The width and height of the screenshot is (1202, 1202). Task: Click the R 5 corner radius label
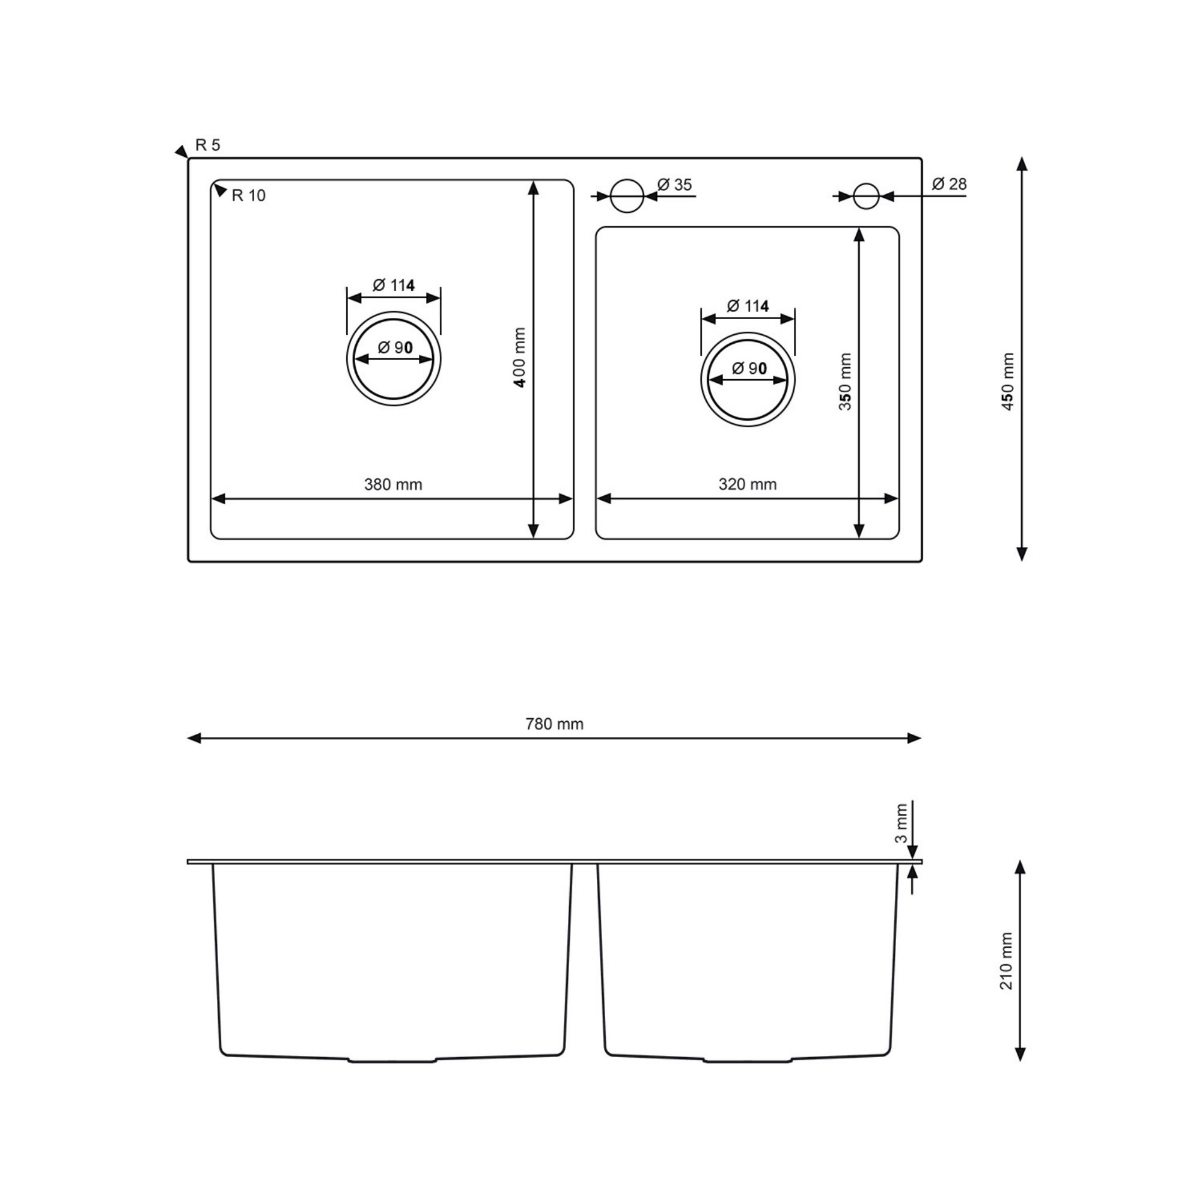coord(208,145)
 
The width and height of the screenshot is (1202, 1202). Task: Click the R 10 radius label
coord(248,196)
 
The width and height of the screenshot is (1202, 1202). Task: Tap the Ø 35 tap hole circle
coord(626,196)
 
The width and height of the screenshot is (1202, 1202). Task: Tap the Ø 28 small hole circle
coord(865,196)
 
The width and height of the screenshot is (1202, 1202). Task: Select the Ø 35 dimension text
coord(674,185)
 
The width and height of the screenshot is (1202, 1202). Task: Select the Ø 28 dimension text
coord(949,184)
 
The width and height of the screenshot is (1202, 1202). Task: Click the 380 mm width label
coord(393,484)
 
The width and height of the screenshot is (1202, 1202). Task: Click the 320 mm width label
coord(747,484)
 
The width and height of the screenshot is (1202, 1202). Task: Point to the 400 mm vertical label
coord(520,358)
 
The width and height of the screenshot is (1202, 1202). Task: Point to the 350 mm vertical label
coord(845,382)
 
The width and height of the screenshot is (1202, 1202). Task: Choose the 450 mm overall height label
coord(1008,382)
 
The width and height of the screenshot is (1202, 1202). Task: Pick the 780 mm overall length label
coord(554,724)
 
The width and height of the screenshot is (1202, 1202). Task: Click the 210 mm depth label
coord(1007,961)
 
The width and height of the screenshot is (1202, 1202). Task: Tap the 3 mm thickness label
coord(900,823)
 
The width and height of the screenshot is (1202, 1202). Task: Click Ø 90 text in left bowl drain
coord(395,348)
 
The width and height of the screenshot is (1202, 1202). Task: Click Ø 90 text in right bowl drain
coord(749,368)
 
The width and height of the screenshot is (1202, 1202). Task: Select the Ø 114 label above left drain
coord(393,285)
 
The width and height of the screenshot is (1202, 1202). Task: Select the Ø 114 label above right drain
coord(747,306)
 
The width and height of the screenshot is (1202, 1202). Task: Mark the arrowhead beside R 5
coord(181,151)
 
